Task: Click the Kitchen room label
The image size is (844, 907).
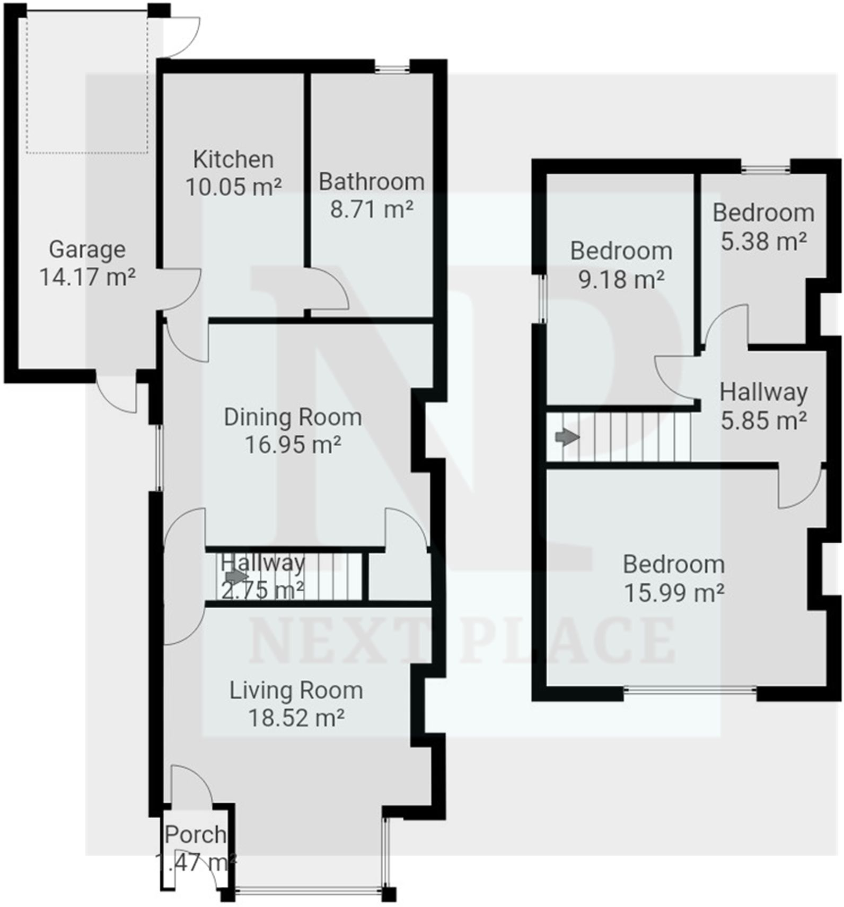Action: (x=233, y=159)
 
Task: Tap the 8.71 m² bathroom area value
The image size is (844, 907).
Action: (x=372, y=209)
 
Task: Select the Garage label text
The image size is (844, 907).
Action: (x=87, y=250)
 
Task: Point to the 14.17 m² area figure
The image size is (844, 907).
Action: (x=87, y=277)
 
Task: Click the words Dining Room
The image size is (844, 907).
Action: (x=293, y=417)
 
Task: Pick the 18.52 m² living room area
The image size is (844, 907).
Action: (x=296, y=718)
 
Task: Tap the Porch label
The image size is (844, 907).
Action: (x=195, y=835)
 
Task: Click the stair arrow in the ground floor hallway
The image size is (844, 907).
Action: (x=236, y=576)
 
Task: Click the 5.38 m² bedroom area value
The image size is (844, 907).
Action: (x=763, y=242)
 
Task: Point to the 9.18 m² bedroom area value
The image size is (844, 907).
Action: (x=621, y=279)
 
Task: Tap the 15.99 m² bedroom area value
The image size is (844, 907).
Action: (x=674, y=593)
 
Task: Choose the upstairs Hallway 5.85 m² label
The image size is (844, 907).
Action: (x=763, y=406)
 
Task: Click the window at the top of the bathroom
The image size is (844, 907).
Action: (x=392, y=67)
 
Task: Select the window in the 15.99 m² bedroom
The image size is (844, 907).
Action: (x=690, y=689)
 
